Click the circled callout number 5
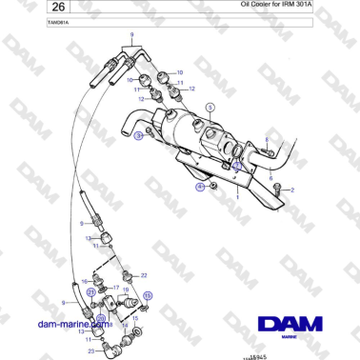[x=210, y=109]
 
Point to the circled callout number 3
[x=139, y=136]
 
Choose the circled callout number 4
[x=200, y=189]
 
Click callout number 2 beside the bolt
[x=292, y=190]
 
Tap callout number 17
[x=115, y=287]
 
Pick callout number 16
[x=85, y=281]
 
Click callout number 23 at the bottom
[x=90, y=351]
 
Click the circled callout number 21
[x=91, y=291]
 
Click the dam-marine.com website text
[x=70, y=324]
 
